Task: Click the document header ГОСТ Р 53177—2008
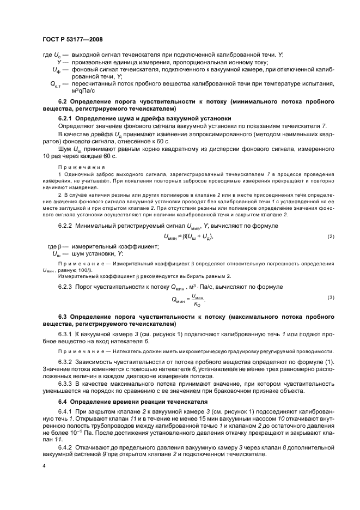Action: (72, 40)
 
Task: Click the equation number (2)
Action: (331, 236)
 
